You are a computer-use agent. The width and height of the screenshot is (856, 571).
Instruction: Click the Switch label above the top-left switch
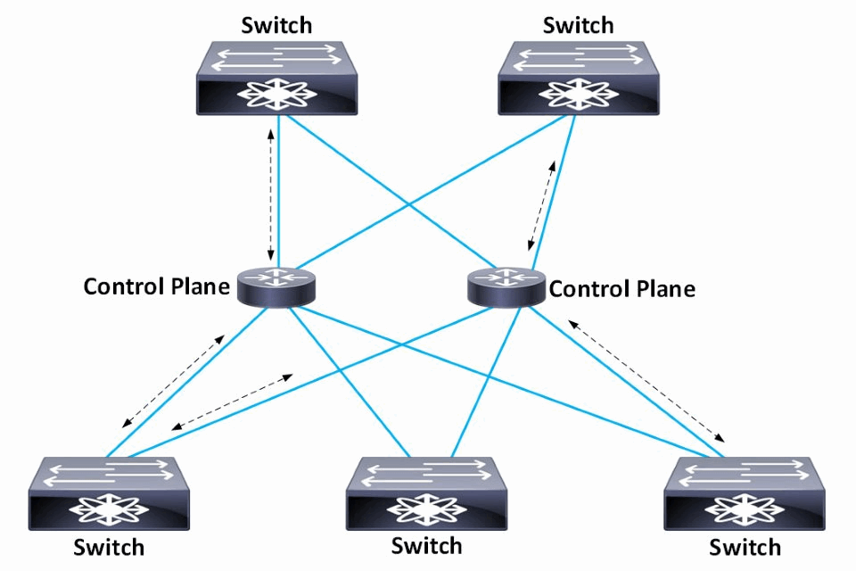276,24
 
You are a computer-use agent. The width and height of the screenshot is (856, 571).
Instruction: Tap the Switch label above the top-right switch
579,24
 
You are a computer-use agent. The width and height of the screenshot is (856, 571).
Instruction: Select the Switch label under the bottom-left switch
110,545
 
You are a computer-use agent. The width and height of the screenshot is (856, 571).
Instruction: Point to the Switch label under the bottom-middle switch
427,544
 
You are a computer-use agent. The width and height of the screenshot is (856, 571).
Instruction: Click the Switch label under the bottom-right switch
745,546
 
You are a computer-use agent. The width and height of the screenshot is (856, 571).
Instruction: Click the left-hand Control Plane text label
156,286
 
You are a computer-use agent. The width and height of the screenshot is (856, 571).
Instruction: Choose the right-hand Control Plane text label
622,289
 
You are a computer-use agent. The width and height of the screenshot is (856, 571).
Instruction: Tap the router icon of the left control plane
276,287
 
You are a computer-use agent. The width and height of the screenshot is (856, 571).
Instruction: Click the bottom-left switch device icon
108,494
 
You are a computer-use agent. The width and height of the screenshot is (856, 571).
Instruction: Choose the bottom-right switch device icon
745,494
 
